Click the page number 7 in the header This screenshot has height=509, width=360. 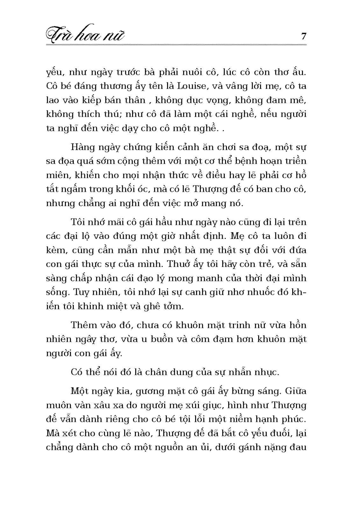click(303, 36)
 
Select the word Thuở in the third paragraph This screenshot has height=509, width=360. click(179, 264)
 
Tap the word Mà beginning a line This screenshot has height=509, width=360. click(52, 433)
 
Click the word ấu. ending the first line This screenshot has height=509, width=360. click(298, 72)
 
